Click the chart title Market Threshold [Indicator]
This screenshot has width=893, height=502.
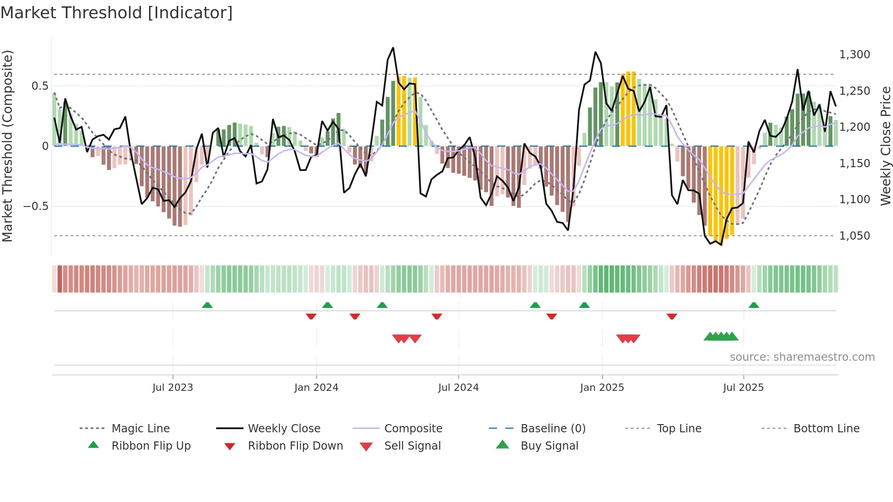click(117, 13)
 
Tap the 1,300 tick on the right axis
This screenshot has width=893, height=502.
click(854, 55)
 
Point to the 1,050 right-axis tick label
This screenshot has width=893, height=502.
click(854, 236)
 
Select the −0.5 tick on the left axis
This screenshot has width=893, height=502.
click(36, 206)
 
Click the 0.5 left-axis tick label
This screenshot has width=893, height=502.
click(40, 86)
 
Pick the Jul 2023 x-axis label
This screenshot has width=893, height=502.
click(173, 388)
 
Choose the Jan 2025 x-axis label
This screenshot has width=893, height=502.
click(602, 388)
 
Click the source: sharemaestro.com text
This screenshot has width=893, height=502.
click(802, 357)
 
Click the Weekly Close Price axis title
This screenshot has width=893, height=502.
click(885, 146)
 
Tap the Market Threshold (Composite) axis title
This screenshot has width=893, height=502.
click(7, 146)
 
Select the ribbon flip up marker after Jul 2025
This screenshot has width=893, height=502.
click(754, 305)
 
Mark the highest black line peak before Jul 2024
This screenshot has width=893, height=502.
click(393, 48)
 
